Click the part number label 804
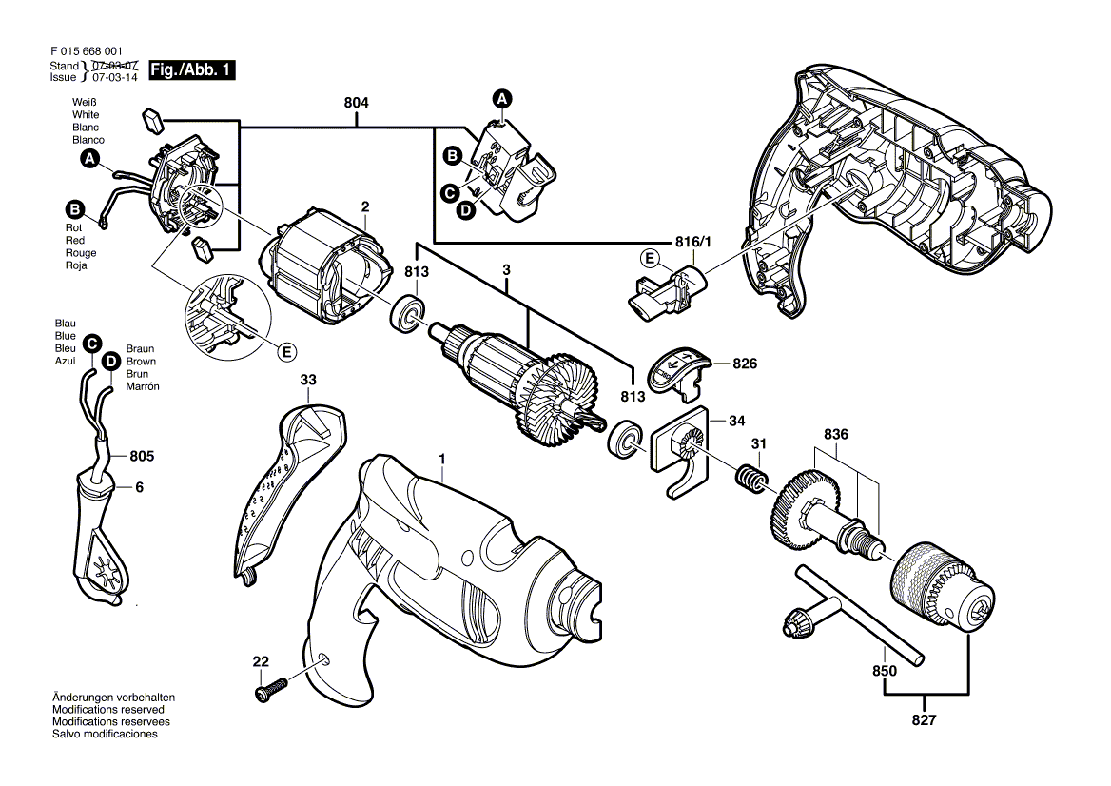[x=357, y=102]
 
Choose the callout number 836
[x=835, y=435]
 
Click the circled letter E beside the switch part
[x=650, y=258]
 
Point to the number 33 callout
[x=308, y=380]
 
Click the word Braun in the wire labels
[x=141, y=349]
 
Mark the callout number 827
[x=925, y=720]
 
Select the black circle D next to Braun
[x=111, y=361]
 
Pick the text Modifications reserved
[x=107, y=710]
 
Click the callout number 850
[x=885, y=671]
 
